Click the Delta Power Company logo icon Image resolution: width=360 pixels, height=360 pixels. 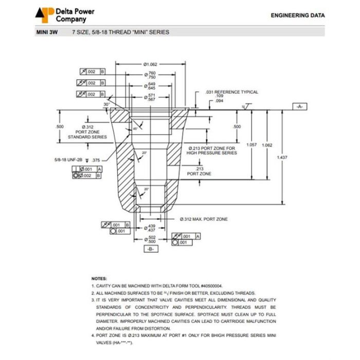pyautogui.click(x=44, y=14)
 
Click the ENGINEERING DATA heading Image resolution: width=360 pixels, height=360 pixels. pyautogui.click(x=298, y=15)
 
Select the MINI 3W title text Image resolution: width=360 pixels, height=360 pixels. pyautogui.click(x=47, y=32)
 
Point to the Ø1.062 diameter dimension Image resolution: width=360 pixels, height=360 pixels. pyautogui.click(x=150, y=64)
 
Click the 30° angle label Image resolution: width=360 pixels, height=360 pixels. pyautogui.click(x=106, y=104)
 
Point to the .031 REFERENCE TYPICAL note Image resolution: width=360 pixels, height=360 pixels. pyautogui.click(x=231, y=92)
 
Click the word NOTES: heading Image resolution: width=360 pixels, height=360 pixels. pyautogui.click(x=99, y=278)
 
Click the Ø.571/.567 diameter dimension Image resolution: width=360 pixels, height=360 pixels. pyautogui.click(x=151, y=97)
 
